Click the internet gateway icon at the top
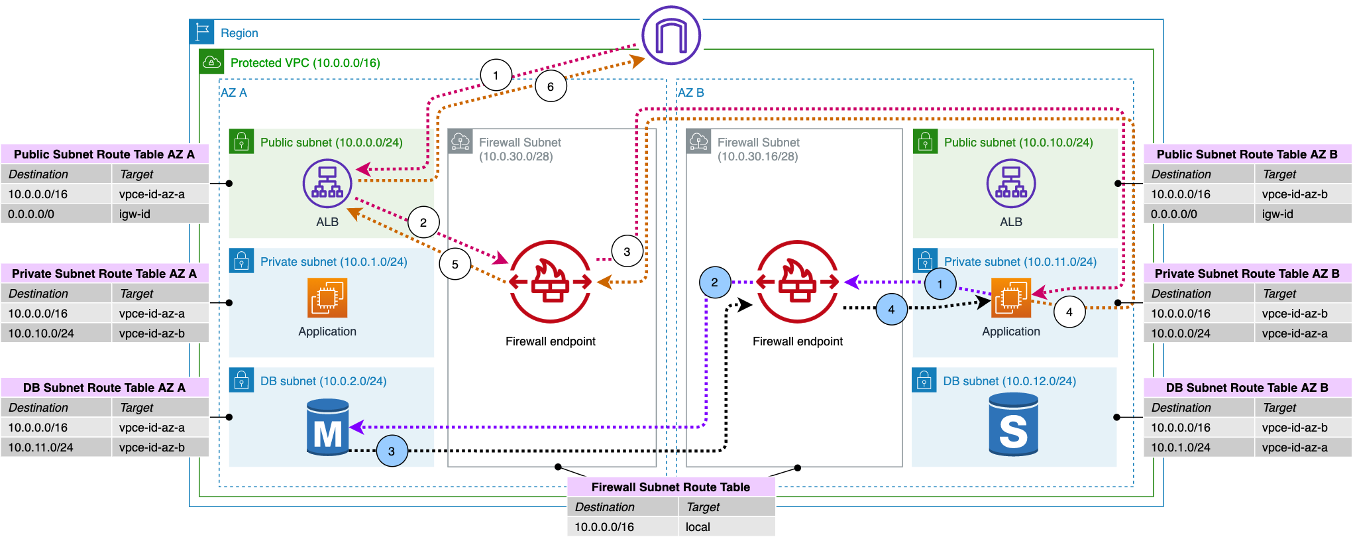coord(671,36)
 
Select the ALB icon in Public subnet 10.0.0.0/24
coord(327,184)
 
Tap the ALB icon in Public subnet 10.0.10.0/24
coord(1010,184)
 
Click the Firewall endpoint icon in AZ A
coord(550,282)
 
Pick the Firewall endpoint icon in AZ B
coord(797,282)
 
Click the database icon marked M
coord(328,428)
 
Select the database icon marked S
coord(1013,425)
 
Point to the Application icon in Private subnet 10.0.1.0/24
coord(327,298)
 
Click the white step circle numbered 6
coord(551,86)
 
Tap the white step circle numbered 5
coord(455,264)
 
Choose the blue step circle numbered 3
coord(392,451)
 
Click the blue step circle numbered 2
coord(715,282)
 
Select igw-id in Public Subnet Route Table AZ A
coord(135,214)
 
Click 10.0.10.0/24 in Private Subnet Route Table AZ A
coord(41,333)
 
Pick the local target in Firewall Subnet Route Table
coord(698,527)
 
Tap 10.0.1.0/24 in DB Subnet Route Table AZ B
coord(1181,447)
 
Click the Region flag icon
coord(202,32)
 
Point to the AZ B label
coord(691,93)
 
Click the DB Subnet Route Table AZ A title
coord(104,388)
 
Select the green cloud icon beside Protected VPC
coord(211,62)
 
